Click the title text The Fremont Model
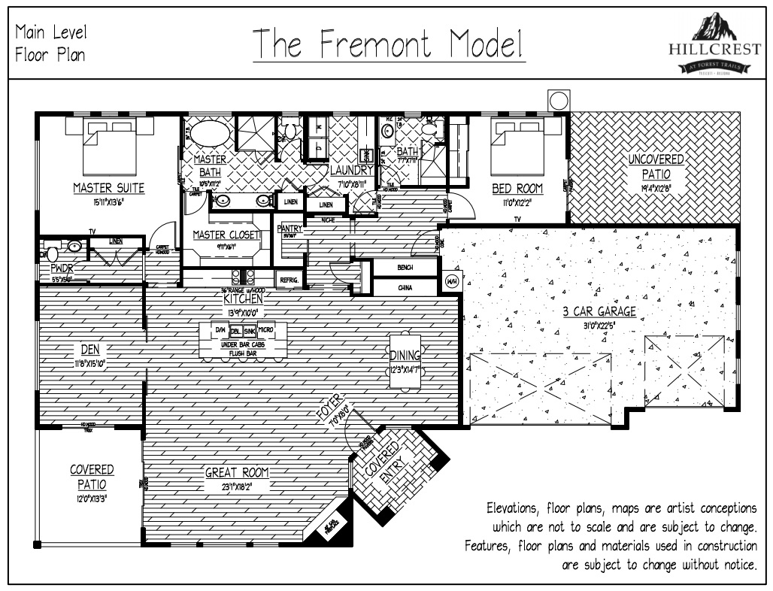388,44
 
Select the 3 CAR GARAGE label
599,311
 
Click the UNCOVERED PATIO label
656,165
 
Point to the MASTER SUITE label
108,188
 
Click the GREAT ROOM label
237,472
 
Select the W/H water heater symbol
451,281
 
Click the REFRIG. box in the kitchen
289,280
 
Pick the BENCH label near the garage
405,267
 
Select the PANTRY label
289,228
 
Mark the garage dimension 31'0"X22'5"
599,325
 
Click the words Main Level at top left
50,32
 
